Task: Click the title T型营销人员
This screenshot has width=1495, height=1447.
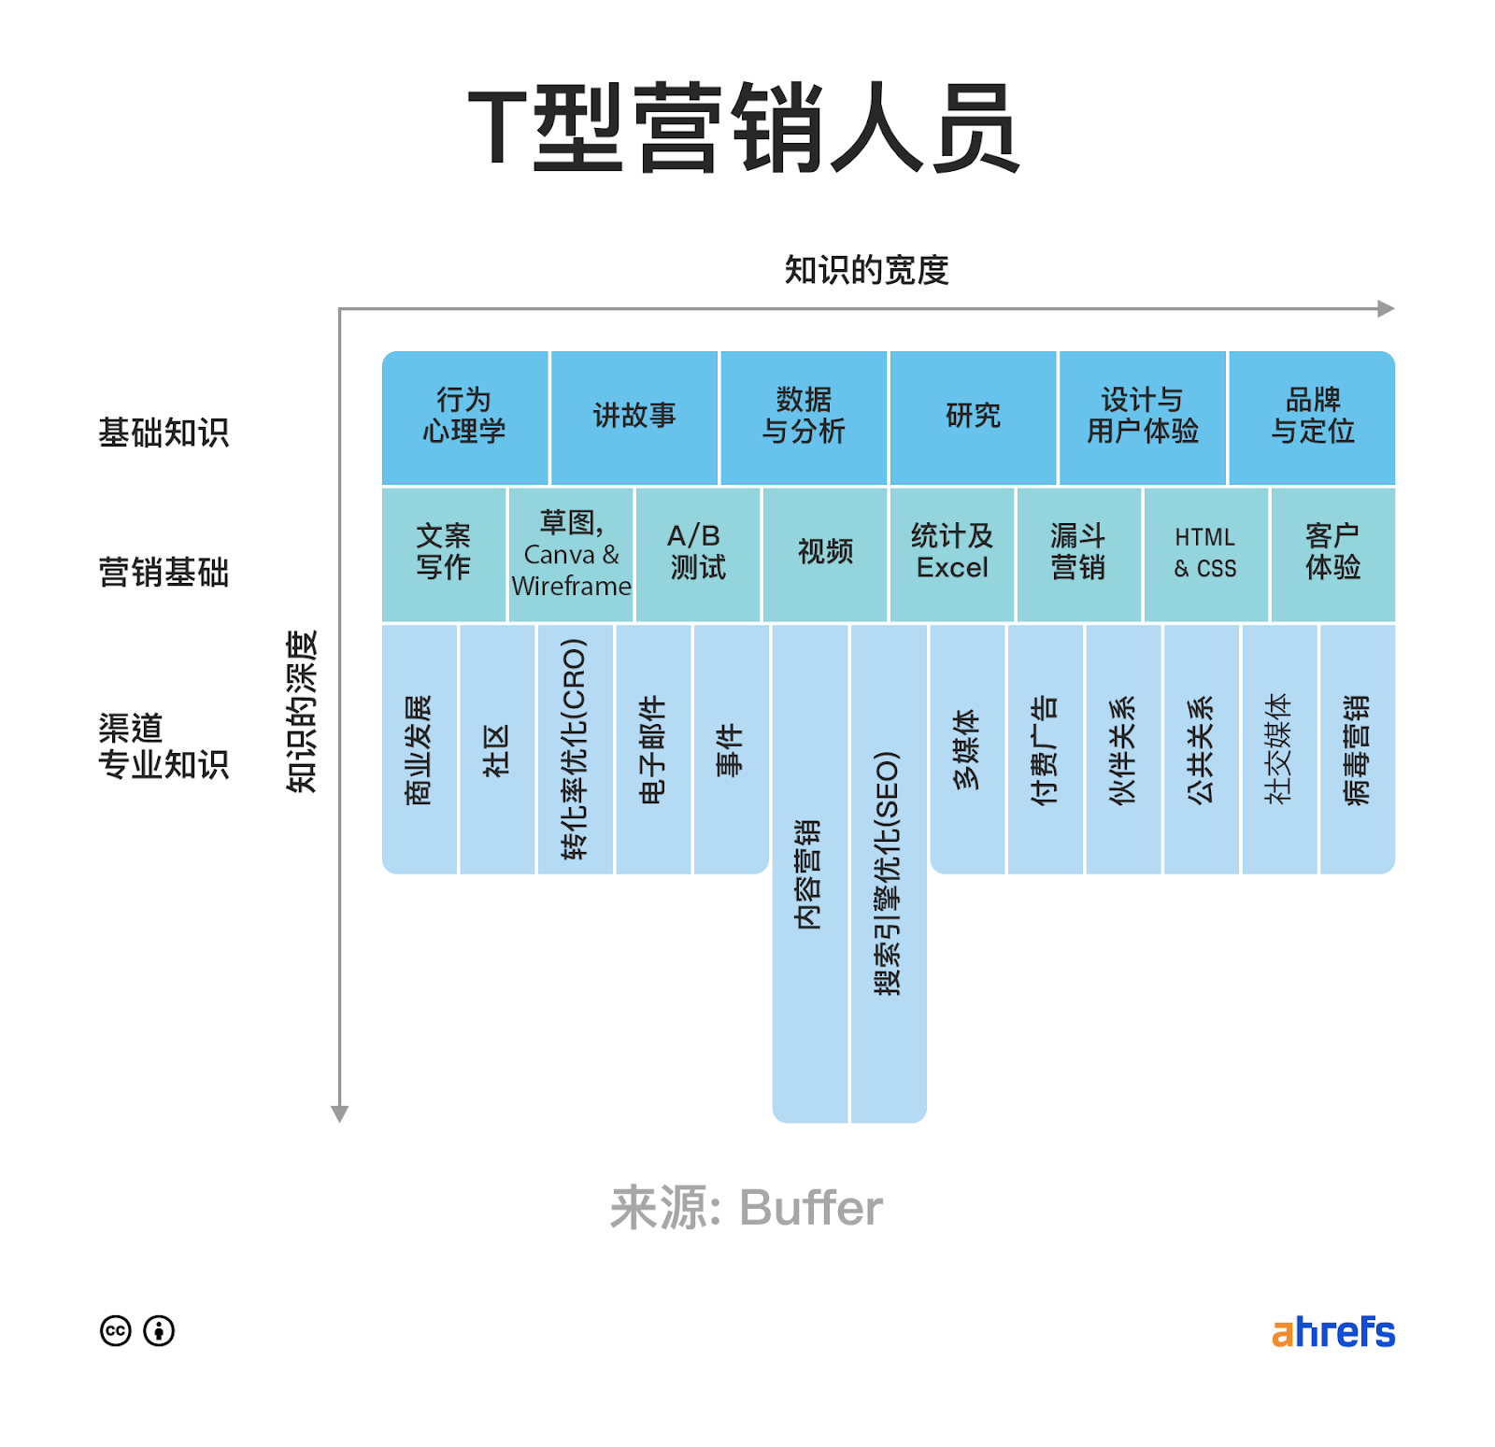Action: (x=743, y=128)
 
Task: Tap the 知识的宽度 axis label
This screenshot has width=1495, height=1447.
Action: (x=866, y=270)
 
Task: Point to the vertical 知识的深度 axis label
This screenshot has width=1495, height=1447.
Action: (x=302, y=712)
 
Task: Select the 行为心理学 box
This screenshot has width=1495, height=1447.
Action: (x=464, y=417)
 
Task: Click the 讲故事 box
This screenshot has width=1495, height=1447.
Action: (x=634, y=417)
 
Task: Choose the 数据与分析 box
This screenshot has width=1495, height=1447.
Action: (x=804, y=417)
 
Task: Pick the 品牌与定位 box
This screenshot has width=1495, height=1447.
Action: (x=1312, y=417)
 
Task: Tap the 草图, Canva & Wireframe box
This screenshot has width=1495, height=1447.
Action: (x=571, y=554)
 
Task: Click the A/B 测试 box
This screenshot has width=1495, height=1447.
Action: (x=697, y=554)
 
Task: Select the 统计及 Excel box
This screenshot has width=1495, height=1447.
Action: (x=951, y=554)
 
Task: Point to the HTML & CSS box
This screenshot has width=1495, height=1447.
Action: (x=1205, y=554)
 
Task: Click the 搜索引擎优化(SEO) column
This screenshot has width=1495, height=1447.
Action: (x=888, y=872)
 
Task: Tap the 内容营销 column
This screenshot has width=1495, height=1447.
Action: (x=809, y=872)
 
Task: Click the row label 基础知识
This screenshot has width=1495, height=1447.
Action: (x=164, y=433)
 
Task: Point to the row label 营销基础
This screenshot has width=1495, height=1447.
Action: (x=164, y=572)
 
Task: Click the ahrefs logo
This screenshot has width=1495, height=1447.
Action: (x=1332, y=1332)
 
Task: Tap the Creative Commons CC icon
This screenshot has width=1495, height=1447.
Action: (x=116, y=1330)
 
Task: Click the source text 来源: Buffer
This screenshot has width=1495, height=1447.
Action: (x=746, y=1208)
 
